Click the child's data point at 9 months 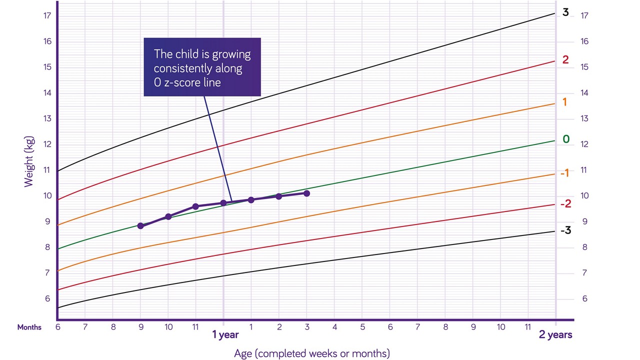pos(140,226)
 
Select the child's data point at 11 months pos(195,206)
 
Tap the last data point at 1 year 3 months pos(306,193)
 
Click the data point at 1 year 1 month pos(251,199)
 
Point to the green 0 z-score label pos(565,139)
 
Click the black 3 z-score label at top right pos(565,12)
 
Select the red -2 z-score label pos(565,204)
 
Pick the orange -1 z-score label pos(564,173)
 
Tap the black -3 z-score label pos(565,230)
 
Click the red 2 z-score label pos(565,60)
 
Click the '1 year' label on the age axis pos(225,335)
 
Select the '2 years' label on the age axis pos(555,335)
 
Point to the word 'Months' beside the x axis pos(29,327)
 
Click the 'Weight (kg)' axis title pos(29,161)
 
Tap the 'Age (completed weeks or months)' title pos(311,353)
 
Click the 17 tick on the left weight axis pos(47,15)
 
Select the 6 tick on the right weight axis pos(584,298)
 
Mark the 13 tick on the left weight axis pos(47,118)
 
